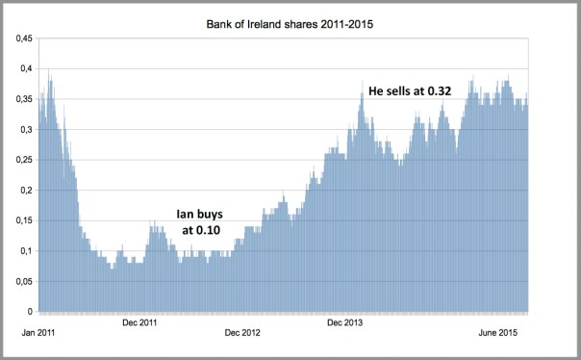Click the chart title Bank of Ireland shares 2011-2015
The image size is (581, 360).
[x=290, y=19]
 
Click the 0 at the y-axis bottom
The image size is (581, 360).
[x=29, y=312]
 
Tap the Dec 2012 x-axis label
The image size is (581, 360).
[x=242, y=333]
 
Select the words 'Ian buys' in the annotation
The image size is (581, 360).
[x=200, y=214]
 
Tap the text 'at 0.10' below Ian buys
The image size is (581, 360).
[x=201, y=231]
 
